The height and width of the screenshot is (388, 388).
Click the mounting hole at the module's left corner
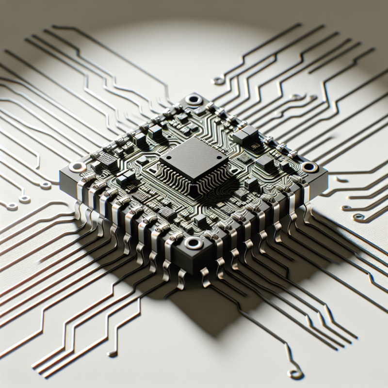[75, 167]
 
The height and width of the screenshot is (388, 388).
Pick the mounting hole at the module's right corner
[310, 168]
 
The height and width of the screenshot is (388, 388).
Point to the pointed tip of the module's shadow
[212, 335]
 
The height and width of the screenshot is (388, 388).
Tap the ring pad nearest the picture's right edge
[358, 217]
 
